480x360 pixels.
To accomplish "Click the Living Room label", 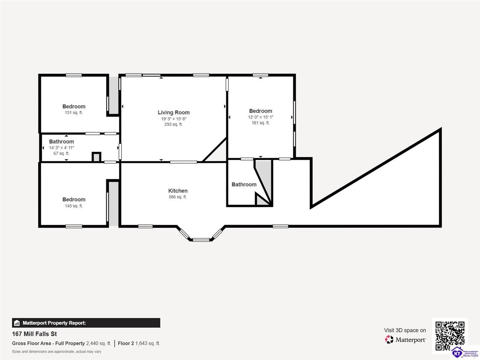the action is (174, 112).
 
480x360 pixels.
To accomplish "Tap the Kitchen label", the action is (178, 190).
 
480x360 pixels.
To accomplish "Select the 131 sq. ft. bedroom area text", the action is (74, 113).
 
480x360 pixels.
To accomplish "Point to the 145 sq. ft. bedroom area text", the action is (74, 206).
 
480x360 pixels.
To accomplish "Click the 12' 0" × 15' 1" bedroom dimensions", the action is (261, 117).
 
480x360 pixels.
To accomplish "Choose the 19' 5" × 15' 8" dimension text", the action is (174, 119).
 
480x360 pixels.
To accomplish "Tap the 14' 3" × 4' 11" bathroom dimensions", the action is (61, 148).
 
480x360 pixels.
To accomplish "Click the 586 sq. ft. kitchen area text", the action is (178, 197).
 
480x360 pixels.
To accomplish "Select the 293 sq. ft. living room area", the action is (173, 124).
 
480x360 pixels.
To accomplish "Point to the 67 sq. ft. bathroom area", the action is (61, 153).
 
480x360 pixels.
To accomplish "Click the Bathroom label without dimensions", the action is (244, 184).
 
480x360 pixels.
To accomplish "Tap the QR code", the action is (450, 336).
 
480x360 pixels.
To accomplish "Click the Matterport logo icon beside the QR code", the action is (389, 339).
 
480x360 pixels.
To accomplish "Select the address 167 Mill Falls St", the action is (34, 334).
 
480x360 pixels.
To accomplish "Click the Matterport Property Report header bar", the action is (86, 323).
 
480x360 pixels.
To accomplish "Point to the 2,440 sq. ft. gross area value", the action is (98, 343).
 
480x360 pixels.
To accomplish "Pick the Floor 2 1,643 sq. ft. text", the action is (139, 343).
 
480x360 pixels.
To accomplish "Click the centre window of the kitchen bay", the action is (201, 240).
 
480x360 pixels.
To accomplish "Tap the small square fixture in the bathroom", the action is (96, 157).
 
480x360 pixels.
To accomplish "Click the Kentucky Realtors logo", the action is (465, 352).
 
